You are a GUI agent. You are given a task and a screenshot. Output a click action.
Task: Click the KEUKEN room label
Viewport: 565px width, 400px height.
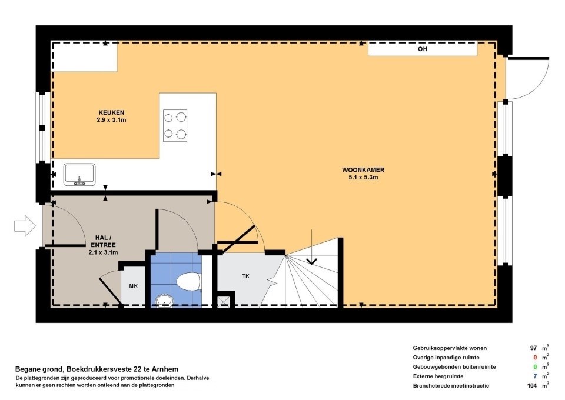tap(111, 112)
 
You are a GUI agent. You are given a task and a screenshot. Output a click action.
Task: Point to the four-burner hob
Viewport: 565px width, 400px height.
tap(175, 126)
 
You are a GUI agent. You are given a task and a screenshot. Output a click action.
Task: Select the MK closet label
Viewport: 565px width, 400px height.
tap(134, 286)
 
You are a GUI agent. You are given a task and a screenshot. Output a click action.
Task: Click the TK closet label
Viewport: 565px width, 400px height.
tap(245, 276)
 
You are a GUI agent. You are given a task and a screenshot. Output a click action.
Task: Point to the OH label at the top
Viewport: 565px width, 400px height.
tap(422, 49)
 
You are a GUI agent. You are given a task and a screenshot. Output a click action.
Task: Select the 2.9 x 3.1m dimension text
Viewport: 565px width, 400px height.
tap(111, 119)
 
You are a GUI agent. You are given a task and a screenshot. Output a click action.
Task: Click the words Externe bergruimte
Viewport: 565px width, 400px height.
tap(438, 376)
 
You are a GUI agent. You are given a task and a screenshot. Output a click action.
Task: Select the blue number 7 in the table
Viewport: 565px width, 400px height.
tap(535, 376)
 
